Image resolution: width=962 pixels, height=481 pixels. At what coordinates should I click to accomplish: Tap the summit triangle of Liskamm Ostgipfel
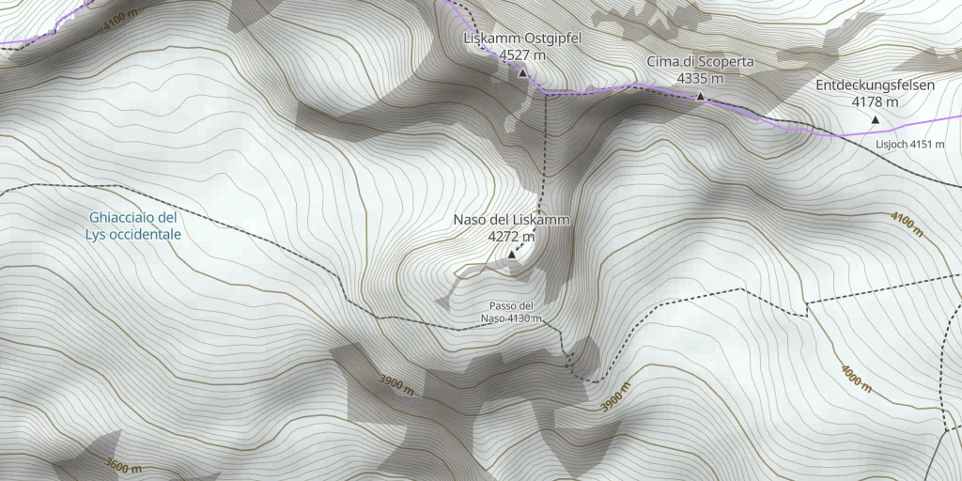pos(522,72)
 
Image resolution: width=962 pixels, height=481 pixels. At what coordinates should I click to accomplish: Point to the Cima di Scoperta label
pos(700,62)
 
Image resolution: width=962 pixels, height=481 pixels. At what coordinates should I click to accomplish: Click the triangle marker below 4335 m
pos(700,96)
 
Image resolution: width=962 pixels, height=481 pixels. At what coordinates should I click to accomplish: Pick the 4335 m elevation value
pos(700,79)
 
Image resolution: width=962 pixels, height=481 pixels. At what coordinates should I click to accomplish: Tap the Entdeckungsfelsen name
pos(875,85)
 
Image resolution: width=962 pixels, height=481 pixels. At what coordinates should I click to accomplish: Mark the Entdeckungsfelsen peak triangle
pos(875,119)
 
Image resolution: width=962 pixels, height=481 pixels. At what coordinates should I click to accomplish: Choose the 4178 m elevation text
pos(875,101)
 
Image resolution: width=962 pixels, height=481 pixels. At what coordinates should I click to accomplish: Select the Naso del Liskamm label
pos(511,220)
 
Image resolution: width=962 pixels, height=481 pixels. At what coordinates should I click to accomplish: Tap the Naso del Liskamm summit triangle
pos(511,255)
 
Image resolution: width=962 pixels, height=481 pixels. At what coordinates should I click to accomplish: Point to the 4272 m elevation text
pos(511,238)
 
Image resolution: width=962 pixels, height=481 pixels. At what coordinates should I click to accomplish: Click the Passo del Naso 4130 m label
pos(512,313)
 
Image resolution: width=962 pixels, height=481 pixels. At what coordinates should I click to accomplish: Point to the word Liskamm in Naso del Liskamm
pos(539,220)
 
